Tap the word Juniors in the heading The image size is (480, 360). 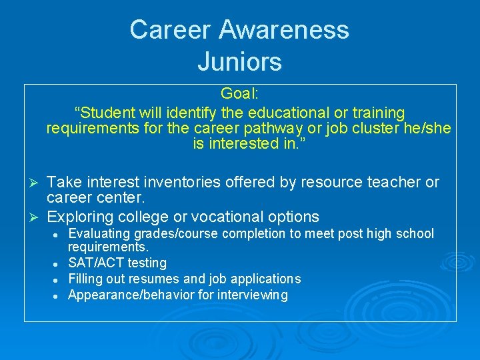[x=239, y=62]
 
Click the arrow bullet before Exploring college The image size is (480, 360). [x=39, y=217]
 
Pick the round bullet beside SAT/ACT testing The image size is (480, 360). [x=58, y=264]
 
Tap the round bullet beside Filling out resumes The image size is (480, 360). [x=58, y=279]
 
